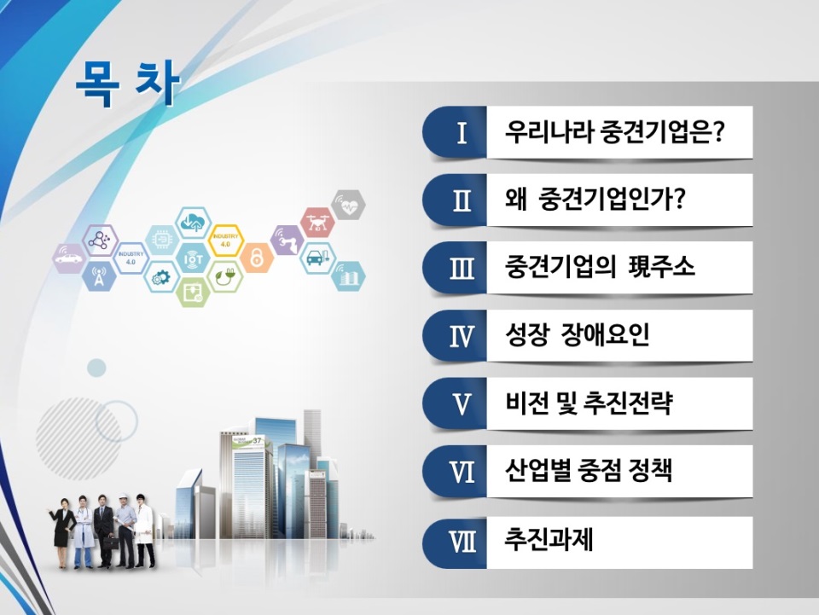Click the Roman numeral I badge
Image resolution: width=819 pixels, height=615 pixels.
click(455, 132)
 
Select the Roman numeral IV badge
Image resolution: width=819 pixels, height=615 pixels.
click(455, 336)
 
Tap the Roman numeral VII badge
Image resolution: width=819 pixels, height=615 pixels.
click(455, 542)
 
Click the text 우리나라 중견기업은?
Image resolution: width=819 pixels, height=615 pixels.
click(613, 131)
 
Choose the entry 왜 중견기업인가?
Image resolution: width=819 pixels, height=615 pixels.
click(595, 199)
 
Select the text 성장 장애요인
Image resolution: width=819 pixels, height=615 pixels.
click(578, 334)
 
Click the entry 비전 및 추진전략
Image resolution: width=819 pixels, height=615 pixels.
click(589, 403)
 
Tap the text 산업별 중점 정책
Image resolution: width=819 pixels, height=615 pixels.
click(589, 470)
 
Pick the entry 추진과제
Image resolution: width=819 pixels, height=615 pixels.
click(549, 539)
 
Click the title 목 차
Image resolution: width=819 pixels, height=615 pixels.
click(128, 84)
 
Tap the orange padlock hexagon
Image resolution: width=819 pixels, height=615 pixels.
click(257, 258)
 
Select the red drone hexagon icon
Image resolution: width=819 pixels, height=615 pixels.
click(317, 223)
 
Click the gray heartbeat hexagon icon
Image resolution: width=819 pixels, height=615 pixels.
click(348, 205)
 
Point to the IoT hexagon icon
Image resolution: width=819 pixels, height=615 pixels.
click(193, 258)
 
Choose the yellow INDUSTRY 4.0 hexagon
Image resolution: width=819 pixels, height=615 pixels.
click(225, 241)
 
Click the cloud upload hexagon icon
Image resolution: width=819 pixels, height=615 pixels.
click(193, 223)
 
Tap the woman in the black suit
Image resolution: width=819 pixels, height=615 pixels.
click(62, 532)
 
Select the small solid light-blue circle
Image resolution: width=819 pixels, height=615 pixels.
click(96, 368)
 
